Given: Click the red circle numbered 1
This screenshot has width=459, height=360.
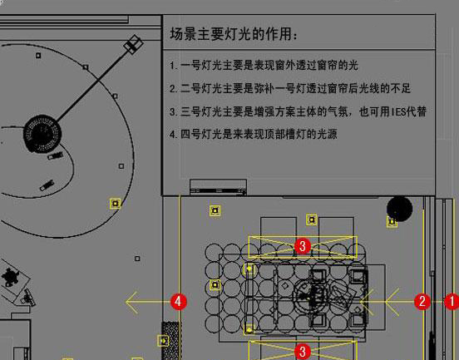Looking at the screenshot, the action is point(452,302).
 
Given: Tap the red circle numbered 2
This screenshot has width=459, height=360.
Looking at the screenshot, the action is point(422,302).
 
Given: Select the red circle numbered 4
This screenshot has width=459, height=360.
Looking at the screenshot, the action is point(179,302).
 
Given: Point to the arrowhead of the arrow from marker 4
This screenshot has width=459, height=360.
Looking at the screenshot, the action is point(126,302).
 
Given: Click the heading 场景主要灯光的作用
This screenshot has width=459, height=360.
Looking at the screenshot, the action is point(234,33).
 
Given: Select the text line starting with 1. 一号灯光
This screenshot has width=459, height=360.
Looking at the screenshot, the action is point(264,66).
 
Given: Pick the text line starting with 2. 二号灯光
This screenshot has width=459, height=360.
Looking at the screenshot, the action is point(290,88).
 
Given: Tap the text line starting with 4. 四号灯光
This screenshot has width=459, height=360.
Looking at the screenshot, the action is point(254,135).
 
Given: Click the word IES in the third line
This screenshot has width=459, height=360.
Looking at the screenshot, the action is point(397,111).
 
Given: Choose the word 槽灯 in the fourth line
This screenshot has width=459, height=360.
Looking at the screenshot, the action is point(296,135).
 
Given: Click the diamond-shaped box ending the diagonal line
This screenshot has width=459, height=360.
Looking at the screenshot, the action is point(134,45).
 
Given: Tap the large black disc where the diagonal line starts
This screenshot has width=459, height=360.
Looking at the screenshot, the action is point(42,134).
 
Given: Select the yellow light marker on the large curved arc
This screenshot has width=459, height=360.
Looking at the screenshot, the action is point(116,204).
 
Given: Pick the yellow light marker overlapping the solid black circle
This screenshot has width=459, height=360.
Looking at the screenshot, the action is point(392,222).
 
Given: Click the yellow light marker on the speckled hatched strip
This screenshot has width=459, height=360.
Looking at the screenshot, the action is point(163,341).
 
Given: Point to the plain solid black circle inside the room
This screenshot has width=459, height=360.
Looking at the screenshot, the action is point(400,209).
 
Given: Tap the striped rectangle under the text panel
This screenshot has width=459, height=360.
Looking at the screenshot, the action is point(219,187).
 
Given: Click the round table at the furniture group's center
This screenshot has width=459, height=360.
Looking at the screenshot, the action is point(308,296).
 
